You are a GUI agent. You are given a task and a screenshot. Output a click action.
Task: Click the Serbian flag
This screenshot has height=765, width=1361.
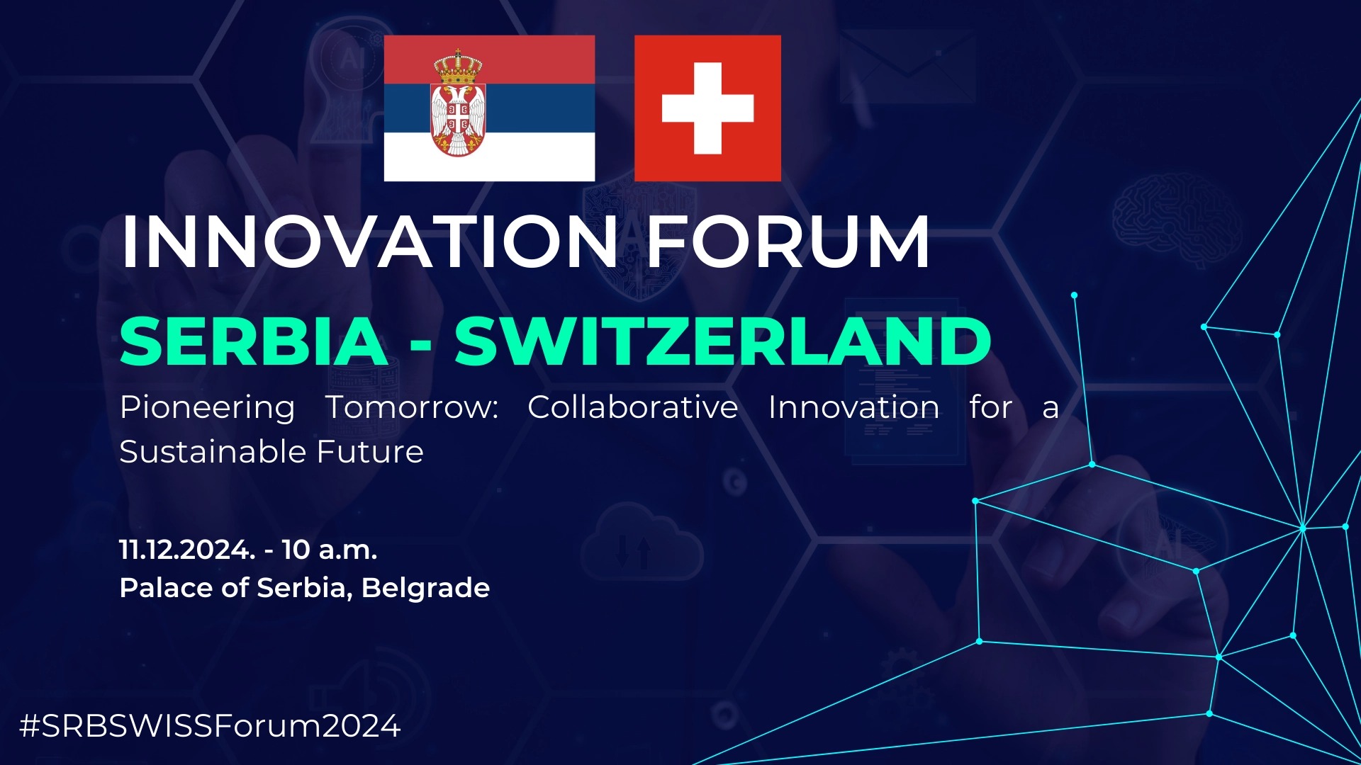point(489,108)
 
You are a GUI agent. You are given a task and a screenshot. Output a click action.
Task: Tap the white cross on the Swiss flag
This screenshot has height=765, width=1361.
point(707,108)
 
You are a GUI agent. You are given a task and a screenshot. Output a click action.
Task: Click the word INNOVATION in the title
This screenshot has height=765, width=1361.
point(369,242)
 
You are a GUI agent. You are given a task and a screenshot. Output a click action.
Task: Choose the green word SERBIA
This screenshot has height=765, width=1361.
point(254,341)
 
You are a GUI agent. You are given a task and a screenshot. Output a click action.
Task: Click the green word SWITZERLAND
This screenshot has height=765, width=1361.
point(723,341)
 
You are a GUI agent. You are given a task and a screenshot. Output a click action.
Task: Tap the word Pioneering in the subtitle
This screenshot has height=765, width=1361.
point(208,408)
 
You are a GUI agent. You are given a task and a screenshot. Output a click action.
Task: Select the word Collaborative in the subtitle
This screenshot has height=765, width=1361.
point(633,407)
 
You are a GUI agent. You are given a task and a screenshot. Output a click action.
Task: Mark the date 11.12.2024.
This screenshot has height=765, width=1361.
point(187,550)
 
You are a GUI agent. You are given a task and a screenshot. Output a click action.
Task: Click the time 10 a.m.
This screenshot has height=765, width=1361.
point(330,550)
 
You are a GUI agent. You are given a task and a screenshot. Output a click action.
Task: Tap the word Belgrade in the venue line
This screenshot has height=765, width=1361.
point(425,589)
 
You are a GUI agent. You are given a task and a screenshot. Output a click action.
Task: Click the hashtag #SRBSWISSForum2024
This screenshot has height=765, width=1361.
point(211,726)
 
